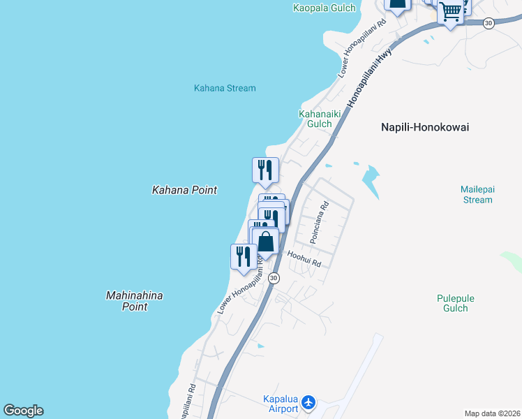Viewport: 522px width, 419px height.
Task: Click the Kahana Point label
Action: (x=184, y=190)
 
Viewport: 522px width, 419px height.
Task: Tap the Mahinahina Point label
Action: (x=135, y=301)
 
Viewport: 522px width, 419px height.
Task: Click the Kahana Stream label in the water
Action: (x=225, y=89)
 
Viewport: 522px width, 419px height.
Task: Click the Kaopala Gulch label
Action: (x=324, y=8)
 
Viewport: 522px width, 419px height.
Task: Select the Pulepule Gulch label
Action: (x=456, y=303)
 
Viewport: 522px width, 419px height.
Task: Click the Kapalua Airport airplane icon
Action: (x=309, y=403)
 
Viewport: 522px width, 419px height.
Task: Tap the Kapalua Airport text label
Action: (x=281, y=404)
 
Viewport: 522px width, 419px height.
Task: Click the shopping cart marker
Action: (x=452, y=12)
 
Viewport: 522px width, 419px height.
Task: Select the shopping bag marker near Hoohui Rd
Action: (x=266, y=242)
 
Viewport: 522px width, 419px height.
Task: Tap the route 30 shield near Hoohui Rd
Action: (x=274, y=278)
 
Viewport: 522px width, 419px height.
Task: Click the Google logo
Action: (x=23, y=411)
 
